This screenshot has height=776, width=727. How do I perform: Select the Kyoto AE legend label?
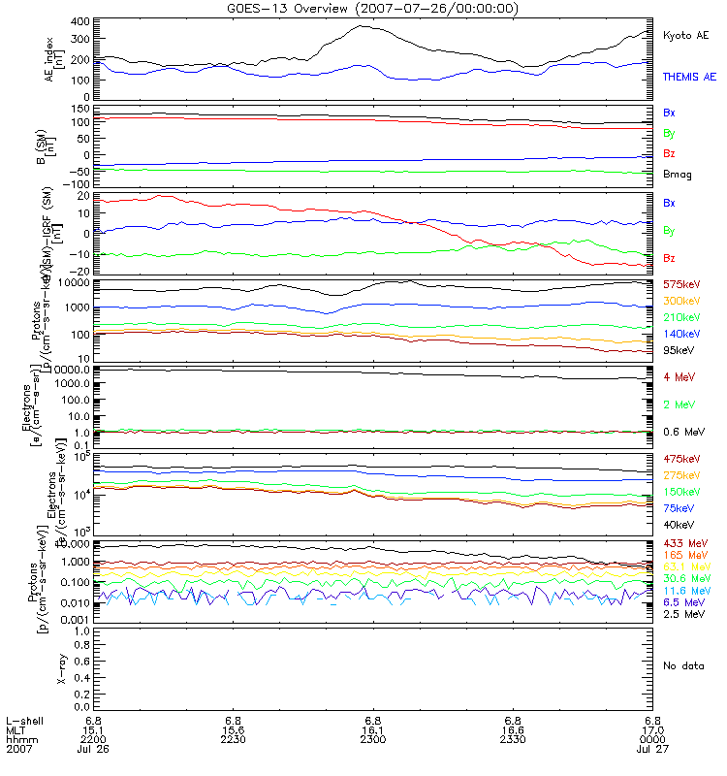685,35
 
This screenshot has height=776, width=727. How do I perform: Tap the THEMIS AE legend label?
688,76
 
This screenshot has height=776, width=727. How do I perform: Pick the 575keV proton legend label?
680,284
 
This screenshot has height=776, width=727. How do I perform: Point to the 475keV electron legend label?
680,458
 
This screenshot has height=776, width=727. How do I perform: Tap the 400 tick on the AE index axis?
80,21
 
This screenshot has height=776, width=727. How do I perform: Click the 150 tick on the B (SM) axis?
80,110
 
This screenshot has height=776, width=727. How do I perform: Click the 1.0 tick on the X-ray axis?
83,630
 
